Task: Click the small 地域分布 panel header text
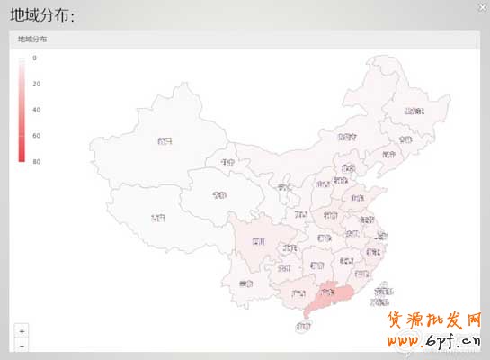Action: tap(32, 40)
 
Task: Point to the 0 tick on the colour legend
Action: tap(35, 58)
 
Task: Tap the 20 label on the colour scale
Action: tap(36, 84)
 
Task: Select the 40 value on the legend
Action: tap(36, 110)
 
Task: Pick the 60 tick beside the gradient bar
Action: tap(36, 136)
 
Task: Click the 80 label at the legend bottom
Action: tap(36, 162)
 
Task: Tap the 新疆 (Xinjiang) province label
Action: tap(163, 141)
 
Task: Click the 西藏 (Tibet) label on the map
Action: tap(157, 218)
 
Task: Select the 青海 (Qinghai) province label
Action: tap(219, 194)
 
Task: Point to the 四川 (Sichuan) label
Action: tap(258, 242)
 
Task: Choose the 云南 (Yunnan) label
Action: tap(247, 283)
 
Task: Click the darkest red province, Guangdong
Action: tap(327, 292)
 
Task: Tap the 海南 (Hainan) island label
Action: tap(303, 328)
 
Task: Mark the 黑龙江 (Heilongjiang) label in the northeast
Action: tap(414, 111)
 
